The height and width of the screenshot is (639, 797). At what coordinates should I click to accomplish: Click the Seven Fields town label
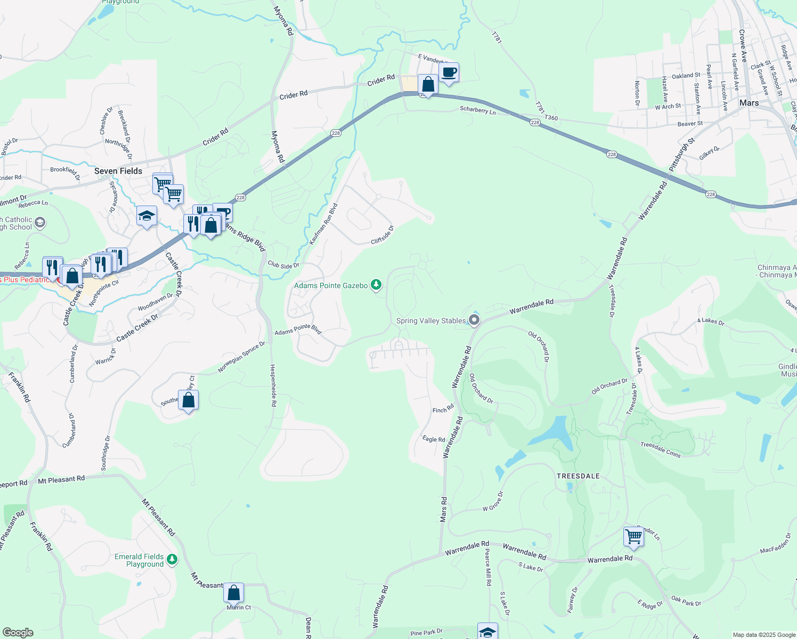(x=118, y=171)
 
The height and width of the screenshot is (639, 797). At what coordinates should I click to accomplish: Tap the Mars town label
(x=749, y=103)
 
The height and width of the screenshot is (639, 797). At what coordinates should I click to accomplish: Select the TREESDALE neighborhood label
(x=578, y=476)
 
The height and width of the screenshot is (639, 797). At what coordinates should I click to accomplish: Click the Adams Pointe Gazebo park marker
(x=376, y=285)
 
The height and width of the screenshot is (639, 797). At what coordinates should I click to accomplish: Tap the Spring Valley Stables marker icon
(x=474, y=320)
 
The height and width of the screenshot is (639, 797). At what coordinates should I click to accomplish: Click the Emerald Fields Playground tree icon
(x=172, y=559)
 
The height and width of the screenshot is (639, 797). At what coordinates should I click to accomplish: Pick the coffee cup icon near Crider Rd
(x=449, y=72)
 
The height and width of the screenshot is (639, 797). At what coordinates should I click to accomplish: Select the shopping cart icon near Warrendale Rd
(x=633, y=536)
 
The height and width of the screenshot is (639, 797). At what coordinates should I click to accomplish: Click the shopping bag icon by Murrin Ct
(x=233, y=592)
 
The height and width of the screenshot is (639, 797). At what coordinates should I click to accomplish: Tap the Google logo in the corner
(x=18, y=633)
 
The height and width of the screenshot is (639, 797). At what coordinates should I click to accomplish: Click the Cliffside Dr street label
(x=382, y=235)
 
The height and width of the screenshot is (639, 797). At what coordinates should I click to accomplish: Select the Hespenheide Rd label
(x=273, y=386)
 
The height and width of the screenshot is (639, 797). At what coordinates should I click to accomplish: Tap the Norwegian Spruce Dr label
(x=241, y=357)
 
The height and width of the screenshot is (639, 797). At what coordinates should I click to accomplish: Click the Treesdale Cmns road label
(x=661, y=450)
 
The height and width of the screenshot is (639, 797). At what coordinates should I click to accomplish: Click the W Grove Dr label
(x=493, y=502)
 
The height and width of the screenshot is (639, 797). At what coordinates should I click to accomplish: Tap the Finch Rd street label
(x=443, y=409)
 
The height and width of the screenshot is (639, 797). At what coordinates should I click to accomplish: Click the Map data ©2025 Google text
(x=763, y=635)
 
